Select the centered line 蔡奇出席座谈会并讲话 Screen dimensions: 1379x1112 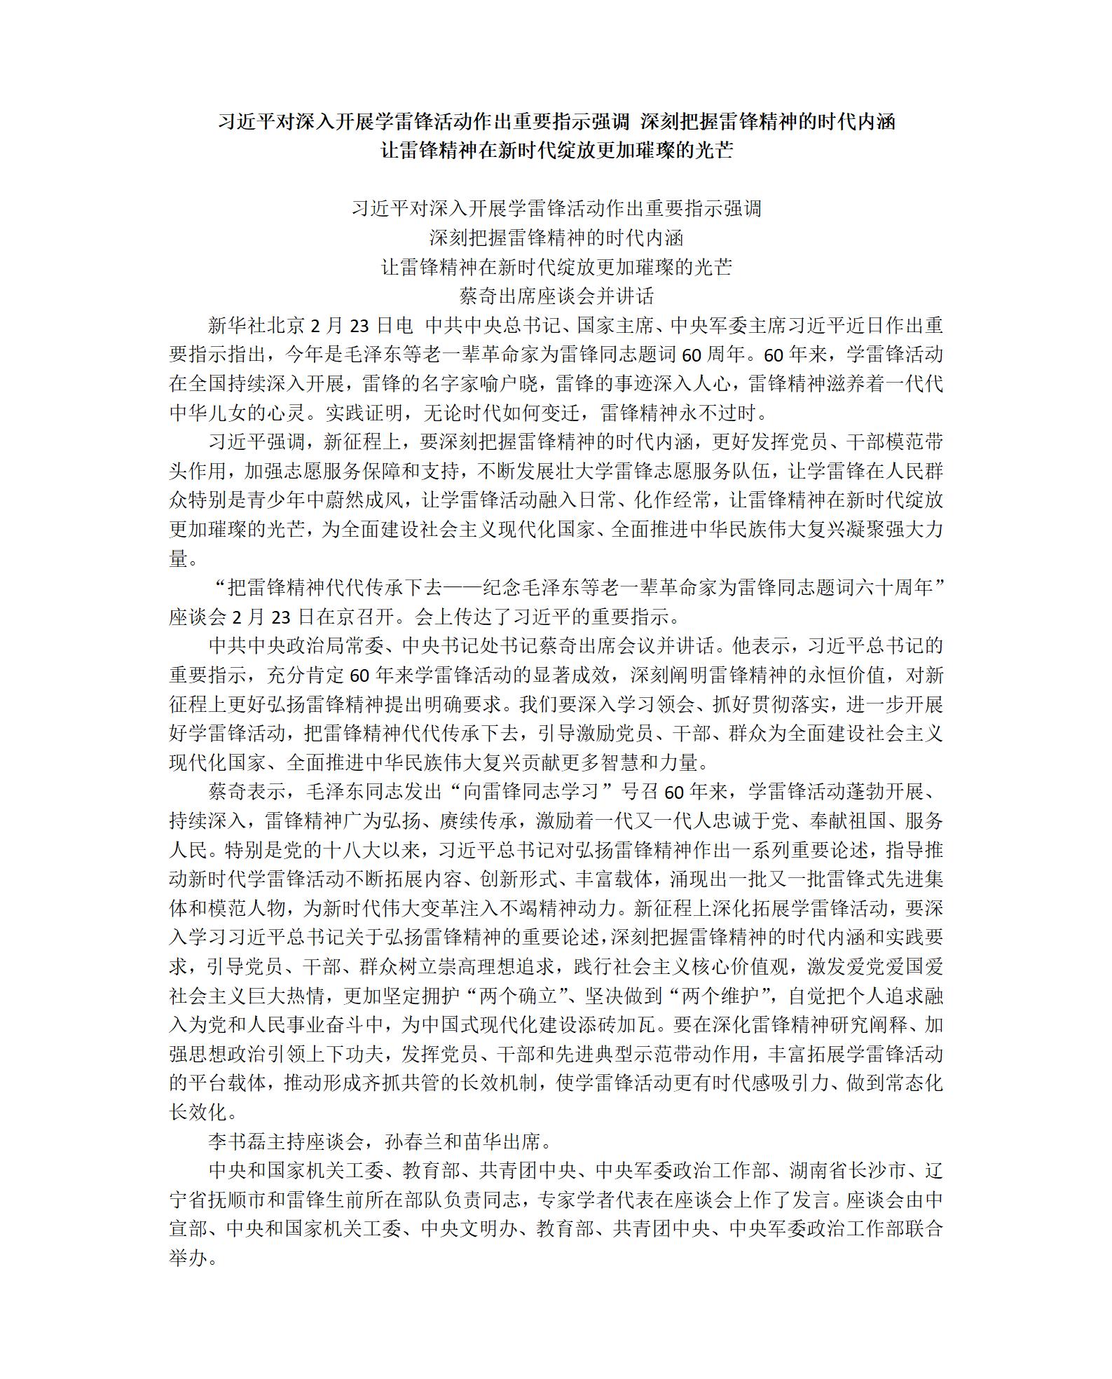(x=556, y=296)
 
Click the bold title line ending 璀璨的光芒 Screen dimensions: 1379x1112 (x=556, y=151)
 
